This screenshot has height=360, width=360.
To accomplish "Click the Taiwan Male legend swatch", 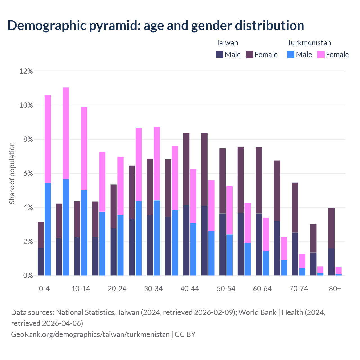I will coord(219,55).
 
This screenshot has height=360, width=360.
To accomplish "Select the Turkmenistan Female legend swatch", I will coord(321,55).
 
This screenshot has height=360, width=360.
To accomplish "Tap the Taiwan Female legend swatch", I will coord(249,55).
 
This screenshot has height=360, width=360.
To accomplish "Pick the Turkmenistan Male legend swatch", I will coord(291,55).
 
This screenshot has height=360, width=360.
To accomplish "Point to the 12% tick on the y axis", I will coord(26,71).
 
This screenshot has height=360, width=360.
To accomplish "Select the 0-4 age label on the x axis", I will coord(44,289).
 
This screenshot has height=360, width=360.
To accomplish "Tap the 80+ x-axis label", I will coord(335,289).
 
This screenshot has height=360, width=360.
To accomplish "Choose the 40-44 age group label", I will coord(190,289).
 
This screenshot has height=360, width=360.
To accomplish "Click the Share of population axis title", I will coord(12,173).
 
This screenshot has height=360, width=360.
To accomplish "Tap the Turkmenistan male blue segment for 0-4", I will coord(48,229).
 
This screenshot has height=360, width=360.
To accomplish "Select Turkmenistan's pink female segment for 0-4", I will coord(48,139).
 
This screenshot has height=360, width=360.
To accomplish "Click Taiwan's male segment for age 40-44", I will coord(186,240).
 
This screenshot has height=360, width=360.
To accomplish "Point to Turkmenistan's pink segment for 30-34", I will coord(157,163).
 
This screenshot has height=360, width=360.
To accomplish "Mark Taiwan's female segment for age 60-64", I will coord(259,180).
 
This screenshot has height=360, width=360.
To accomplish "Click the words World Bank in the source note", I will coord(257,312).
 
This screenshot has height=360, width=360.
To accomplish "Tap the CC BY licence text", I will coord(185,334).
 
